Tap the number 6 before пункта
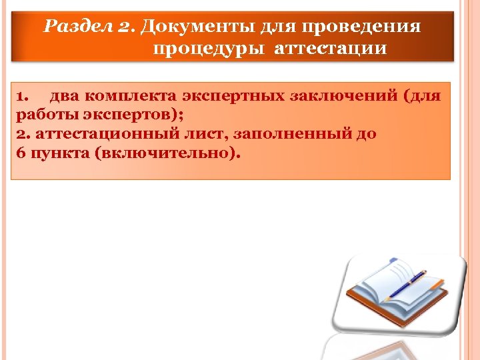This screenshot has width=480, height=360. (x=19, y=152)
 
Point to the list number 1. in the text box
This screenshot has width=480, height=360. (x=21, y=95)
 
